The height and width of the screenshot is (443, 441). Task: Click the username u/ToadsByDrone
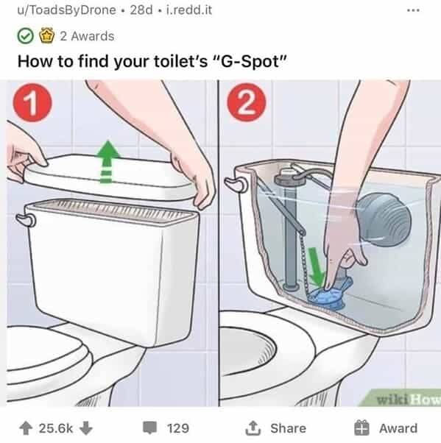[x=67, y=10]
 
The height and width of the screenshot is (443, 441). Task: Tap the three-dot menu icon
[x=413, y=10]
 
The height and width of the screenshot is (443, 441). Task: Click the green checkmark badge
[x=26, y=36]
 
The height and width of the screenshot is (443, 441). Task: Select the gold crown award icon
[x=46, y=35]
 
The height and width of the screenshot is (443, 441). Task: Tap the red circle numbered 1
[x=32, y=102]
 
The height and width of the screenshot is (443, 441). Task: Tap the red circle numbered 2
[x=247, y=102]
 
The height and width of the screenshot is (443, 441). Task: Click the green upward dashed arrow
[x=107, y=162]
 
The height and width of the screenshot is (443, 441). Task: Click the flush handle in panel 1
[x=26, y=220]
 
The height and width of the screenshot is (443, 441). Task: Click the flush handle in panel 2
[x=236, y=184]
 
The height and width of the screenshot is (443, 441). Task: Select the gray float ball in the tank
[x=384, y=219]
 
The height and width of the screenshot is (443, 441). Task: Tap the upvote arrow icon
[x=26, y=428]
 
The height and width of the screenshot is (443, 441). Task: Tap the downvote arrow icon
[x=86, y=428]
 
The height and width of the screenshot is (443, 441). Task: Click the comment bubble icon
[x=150, y=428]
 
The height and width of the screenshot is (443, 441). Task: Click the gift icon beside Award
[x=361, y=428]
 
